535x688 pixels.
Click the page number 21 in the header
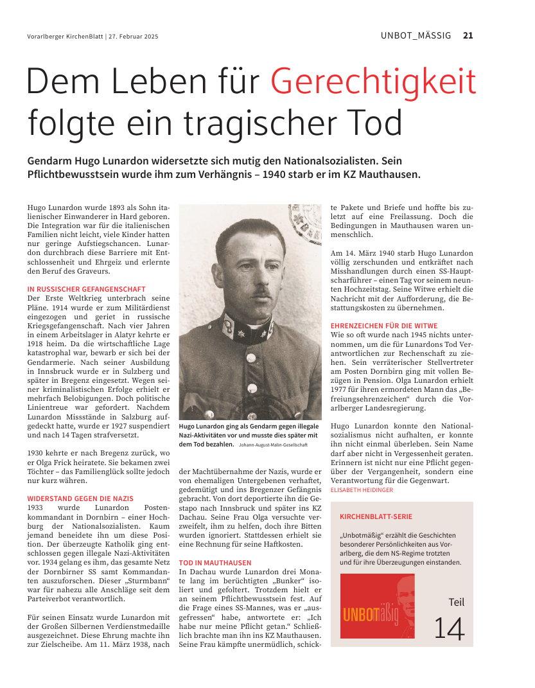click(468, 35)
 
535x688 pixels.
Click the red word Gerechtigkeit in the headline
click(373, 82)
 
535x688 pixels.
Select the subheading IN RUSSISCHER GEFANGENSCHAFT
click(86, 290)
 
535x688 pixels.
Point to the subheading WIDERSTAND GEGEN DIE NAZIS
click(80, 498)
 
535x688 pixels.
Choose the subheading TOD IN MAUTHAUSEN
click(215, 563)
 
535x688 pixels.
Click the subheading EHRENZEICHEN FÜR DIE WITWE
click(384, 326)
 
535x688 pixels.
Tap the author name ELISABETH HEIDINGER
click(362, 490)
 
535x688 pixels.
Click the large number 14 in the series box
click(449, 628)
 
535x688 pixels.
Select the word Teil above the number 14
click(456, 603)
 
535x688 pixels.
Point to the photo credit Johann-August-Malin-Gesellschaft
click(273, 445)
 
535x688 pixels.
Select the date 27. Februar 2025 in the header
click(134, 37)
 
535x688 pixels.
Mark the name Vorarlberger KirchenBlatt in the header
click(65, 37)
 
